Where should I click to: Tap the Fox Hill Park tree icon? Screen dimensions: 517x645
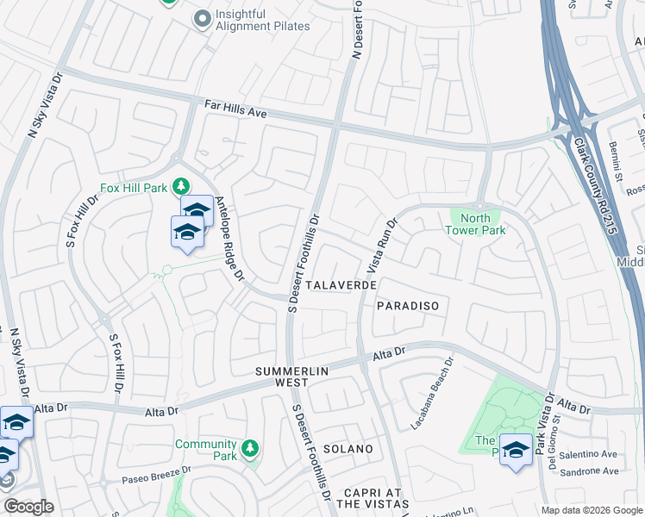181,185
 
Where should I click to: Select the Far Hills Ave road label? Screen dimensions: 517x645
236,109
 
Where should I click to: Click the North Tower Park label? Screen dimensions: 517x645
474,224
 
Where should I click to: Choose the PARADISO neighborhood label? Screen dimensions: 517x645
408,306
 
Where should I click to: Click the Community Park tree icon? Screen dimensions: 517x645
250,448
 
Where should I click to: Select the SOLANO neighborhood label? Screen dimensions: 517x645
348,449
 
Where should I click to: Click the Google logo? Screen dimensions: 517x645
28,507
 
